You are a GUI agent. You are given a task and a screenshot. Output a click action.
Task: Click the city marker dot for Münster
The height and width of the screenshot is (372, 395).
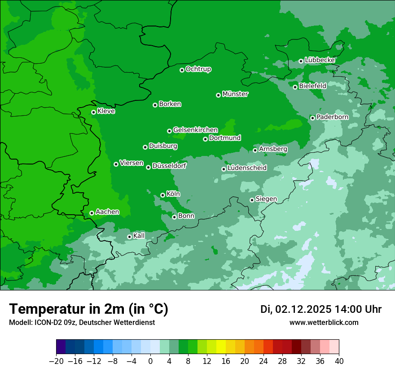click(x=218, y=95)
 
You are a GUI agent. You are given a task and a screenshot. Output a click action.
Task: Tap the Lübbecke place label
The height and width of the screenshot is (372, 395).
click(x=320, y=60)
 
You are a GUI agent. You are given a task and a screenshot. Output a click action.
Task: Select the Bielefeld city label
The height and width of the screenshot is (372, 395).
click(x=312, y=86)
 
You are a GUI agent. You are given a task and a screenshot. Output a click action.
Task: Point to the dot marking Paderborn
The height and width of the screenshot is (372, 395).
click(x=312, y=118)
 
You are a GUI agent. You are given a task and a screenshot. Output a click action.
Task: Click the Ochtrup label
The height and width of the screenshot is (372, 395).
click(x=198, y=69)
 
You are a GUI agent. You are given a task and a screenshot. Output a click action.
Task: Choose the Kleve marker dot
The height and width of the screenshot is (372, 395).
click(x=93, y=112)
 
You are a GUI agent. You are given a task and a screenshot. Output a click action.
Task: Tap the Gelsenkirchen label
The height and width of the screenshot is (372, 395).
click(x=195, y=130)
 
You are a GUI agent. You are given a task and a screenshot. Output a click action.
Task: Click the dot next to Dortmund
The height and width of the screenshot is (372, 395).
click(x=205, y=139)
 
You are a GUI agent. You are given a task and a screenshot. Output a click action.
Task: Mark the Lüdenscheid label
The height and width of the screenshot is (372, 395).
click(x=247, y=168)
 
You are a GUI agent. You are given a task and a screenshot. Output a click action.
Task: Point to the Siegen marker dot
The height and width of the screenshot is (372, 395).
click(x=252, y=200)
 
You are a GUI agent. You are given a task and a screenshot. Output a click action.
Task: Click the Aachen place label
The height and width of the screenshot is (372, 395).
click(x=107, y=212)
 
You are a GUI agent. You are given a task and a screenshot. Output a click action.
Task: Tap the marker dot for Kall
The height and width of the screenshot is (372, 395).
click(x=129, y=237)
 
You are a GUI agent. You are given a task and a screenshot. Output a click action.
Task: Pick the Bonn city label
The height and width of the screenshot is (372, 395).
click(x=186, y=216)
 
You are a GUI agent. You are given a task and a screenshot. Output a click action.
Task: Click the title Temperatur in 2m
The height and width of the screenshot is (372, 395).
click(x=88, y=309)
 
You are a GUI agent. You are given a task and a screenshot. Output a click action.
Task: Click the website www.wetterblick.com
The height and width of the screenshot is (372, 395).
click(x=324, y=323)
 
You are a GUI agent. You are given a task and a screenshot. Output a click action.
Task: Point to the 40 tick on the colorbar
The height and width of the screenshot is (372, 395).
click(x=339, y=361)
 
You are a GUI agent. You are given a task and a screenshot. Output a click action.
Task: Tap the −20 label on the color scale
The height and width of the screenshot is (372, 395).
click(x=57, y=361)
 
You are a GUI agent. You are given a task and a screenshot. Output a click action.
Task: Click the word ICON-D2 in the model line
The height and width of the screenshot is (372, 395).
click(x=44, y=323)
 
